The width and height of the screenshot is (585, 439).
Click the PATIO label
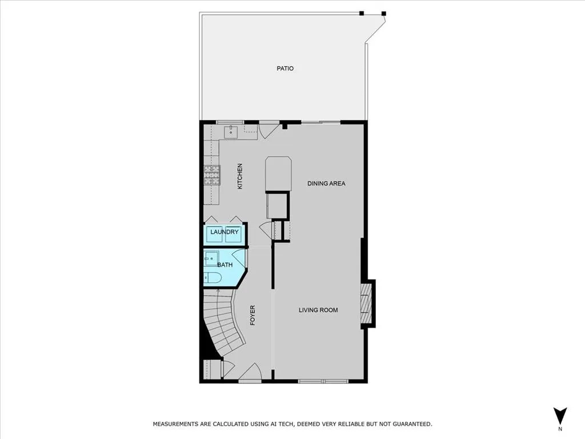(x=285, y=69)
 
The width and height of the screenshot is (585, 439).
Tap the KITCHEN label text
(x=241, y=177)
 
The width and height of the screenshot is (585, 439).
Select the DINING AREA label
(x=326, y=183)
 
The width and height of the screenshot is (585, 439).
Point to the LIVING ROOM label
(x=318, y=310)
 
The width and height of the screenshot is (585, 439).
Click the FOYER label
(x=253, y=316)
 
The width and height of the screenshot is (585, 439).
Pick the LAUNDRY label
(x=225, y=232)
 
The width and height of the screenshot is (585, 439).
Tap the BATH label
(x=225, y=265)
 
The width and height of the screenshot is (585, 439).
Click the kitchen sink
(x=230, y=133)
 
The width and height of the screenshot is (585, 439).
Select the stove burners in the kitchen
(x=212, y=175)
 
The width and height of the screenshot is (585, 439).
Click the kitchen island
(x=278, y=174)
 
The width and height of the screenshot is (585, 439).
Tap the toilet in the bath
(x=213, y=278)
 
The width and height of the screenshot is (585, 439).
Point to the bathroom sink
(x=211, y=258)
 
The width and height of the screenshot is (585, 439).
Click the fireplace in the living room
(x=366, y=304)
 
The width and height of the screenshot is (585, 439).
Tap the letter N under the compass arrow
(x=560, y=429)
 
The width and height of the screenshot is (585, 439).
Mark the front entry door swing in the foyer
(x=250, y=373)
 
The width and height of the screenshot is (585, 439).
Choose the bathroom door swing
(x=239, y=260)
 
